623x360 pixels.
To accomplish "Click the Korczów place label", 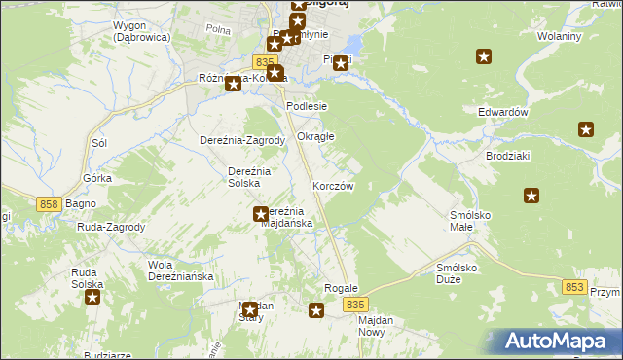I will (332, 185).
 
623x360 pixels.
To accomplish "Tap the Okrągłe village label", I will (315, 136).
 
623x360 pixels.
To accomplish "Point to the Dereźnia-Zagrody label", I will (241, 140).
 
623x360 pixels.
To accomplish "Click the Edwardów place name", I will (502, 112).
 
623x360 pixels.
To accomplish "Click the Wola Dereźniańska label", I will (180, 270).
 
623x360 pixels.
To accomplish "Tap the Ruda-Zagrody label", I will (111, 228).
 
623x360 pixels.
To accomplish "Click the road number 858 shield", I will (52, 204).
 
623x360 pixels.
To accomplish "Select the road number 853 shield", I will (574, 287).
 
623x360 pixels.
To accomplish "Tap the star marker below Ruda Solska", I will (92, 297).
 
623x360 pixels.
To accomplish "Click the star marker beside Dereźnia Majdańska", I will (261, 214).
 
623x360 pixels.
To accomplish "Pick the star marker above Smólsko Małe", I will (531, 196).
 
